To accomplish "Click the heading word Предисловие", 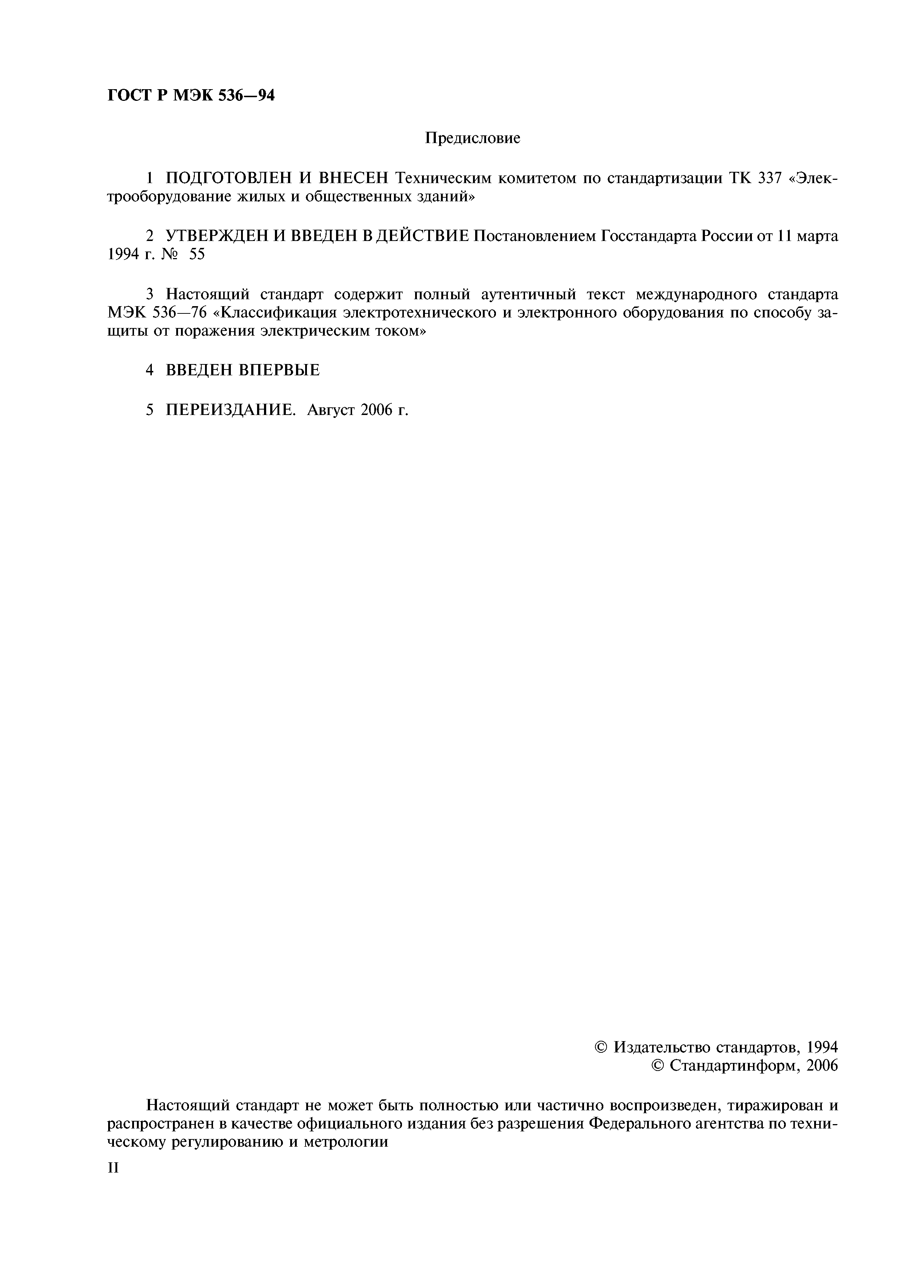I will (472, 138).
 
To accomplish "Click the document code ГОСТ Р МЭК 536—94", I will (191, 96).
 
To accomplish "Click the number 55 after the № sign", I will (197, 255).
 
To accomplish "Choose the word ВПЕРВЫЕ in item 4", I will (279, 370).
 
